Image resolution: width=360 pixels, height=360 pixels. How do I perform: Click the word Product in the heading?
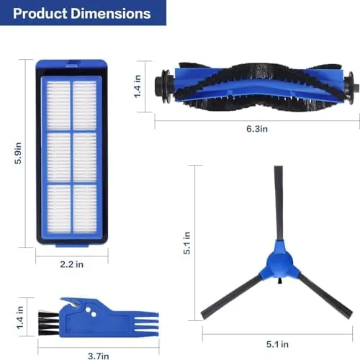(x=40, y=14)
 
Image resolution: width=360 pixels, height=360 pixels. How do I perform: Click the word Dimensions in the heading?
(x=111, y=14)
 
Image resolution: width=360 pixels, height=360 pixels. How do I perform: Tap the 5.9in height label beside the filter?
(x=18, y=153)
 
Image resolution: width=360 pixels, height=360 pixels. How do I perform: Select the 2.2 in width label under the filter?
(x=72, y=264)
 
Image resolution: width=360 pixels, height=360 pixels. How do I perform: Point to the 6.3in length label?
(x=257, y=129)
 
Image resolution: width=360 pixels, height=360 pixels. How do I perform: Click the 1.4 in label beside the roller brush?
(x=138, y=86)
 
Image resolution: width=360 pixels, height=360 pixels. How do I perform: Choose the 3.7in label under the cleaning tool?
(x=99, y=356)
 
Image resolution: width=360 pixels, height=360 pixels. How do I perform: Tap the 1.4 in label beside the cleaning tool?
(x=20, y=318)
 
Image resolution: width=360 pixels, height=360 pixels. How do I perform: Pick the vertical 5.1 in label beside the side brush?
(x=186, y=243)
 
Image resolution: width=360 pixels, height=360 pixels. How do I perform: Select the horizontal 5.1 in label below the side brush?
(x=277, y=344)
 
